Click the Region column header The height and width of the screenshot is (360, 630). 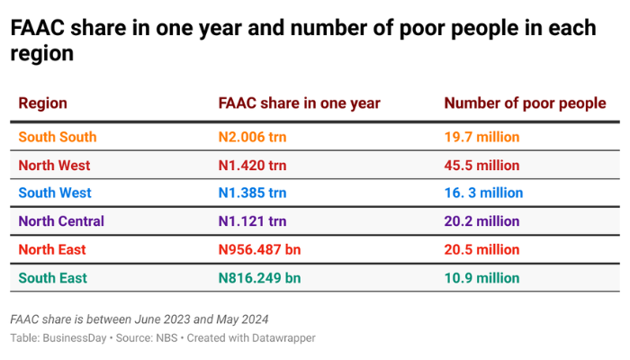[x=42, y=103]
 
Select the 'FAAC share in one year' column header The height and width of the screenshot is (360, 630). [x=299, y=103]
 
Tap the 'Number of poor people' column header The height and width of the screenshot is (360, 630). [x=525, y=103]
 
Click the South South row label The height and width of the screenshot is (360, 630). [x=57, y=138]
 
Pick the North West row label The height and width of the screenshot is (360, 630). [x=54, y=166]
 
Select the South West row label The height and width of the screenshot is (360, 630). [x=55, y=193]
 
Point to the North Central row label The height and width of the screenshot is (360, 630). [x=61, y=221]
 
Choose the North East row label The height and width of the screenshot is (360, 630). [x=52, y=249]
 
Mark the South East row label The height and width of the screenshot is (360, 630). [x=52, y=278]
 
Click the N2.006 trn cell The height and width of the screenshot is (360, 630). [x=252, y=138]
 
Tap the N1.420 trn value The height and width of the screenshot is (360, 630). [x=252, y=166]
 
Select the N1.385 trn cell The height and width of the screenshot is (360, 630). [x=252, y=193]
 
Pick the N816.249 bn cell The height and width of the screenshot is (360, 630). [x=259, y=278]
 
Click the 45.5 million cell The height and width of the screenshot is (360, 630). [x=481, y=166]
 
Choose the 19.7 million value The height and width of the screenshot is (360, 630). [x=481, y=138]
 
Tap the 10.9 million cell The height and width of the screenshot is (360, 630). [x=481, y=278]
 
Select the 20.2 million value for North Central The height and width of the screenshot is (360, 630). [x=481, y=221]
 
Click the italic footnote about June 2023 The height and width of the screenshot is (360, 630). [x=139, y=319]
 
